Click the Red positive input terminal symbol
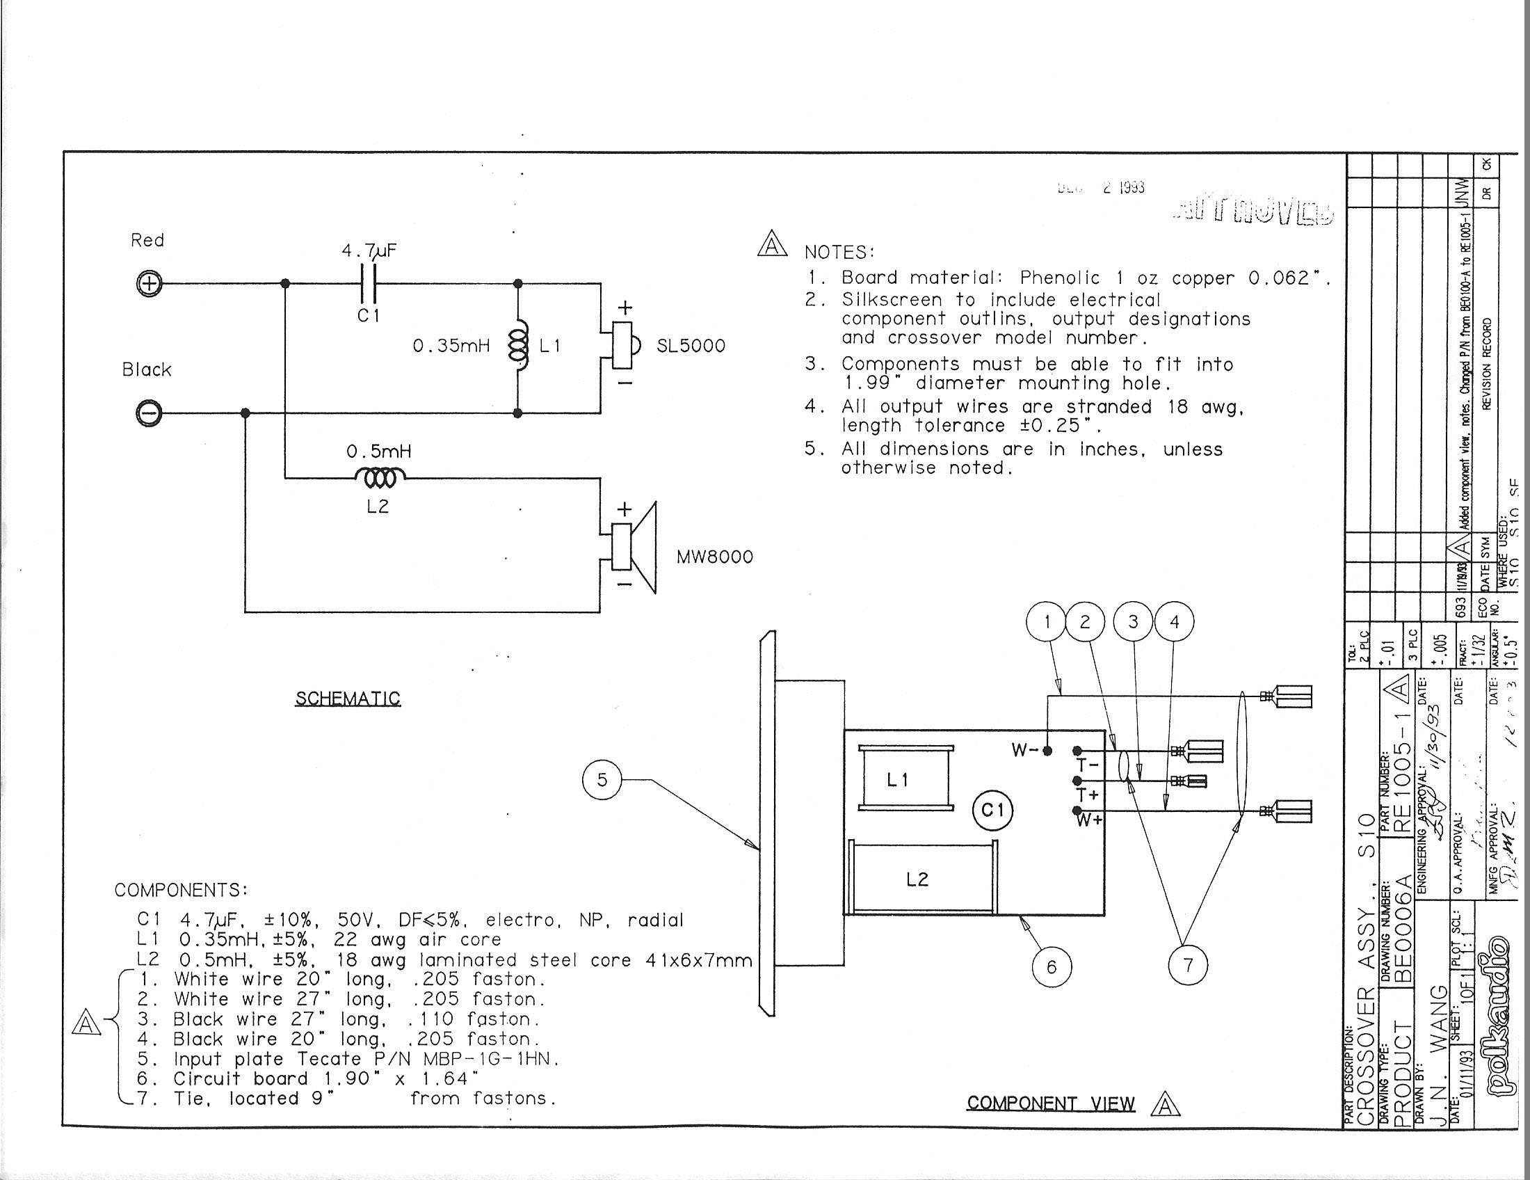[x=149, y=284]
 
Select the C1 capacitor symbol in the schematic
[x=369, y=283]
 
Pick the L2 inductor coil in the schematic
[x=380, y=479]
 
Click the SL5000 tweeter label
[x=690, y=346]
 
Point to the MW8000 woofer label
[x=714, y=557]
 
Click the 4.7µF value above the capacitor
[x=369, y=251]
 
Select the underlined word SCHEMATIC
[x=348, y=699]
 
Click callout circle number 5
[x=602, y=780]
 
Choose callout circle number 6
[x=1051, y=967]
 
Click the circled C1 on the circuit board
[x=992, y=811]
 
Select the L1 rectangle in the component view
[x=905, y=779]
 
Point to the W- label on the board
[x=1025, y=751]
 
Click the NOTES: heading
[x=839, y=253]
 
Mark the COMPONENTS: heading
[x=181, y=890]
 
